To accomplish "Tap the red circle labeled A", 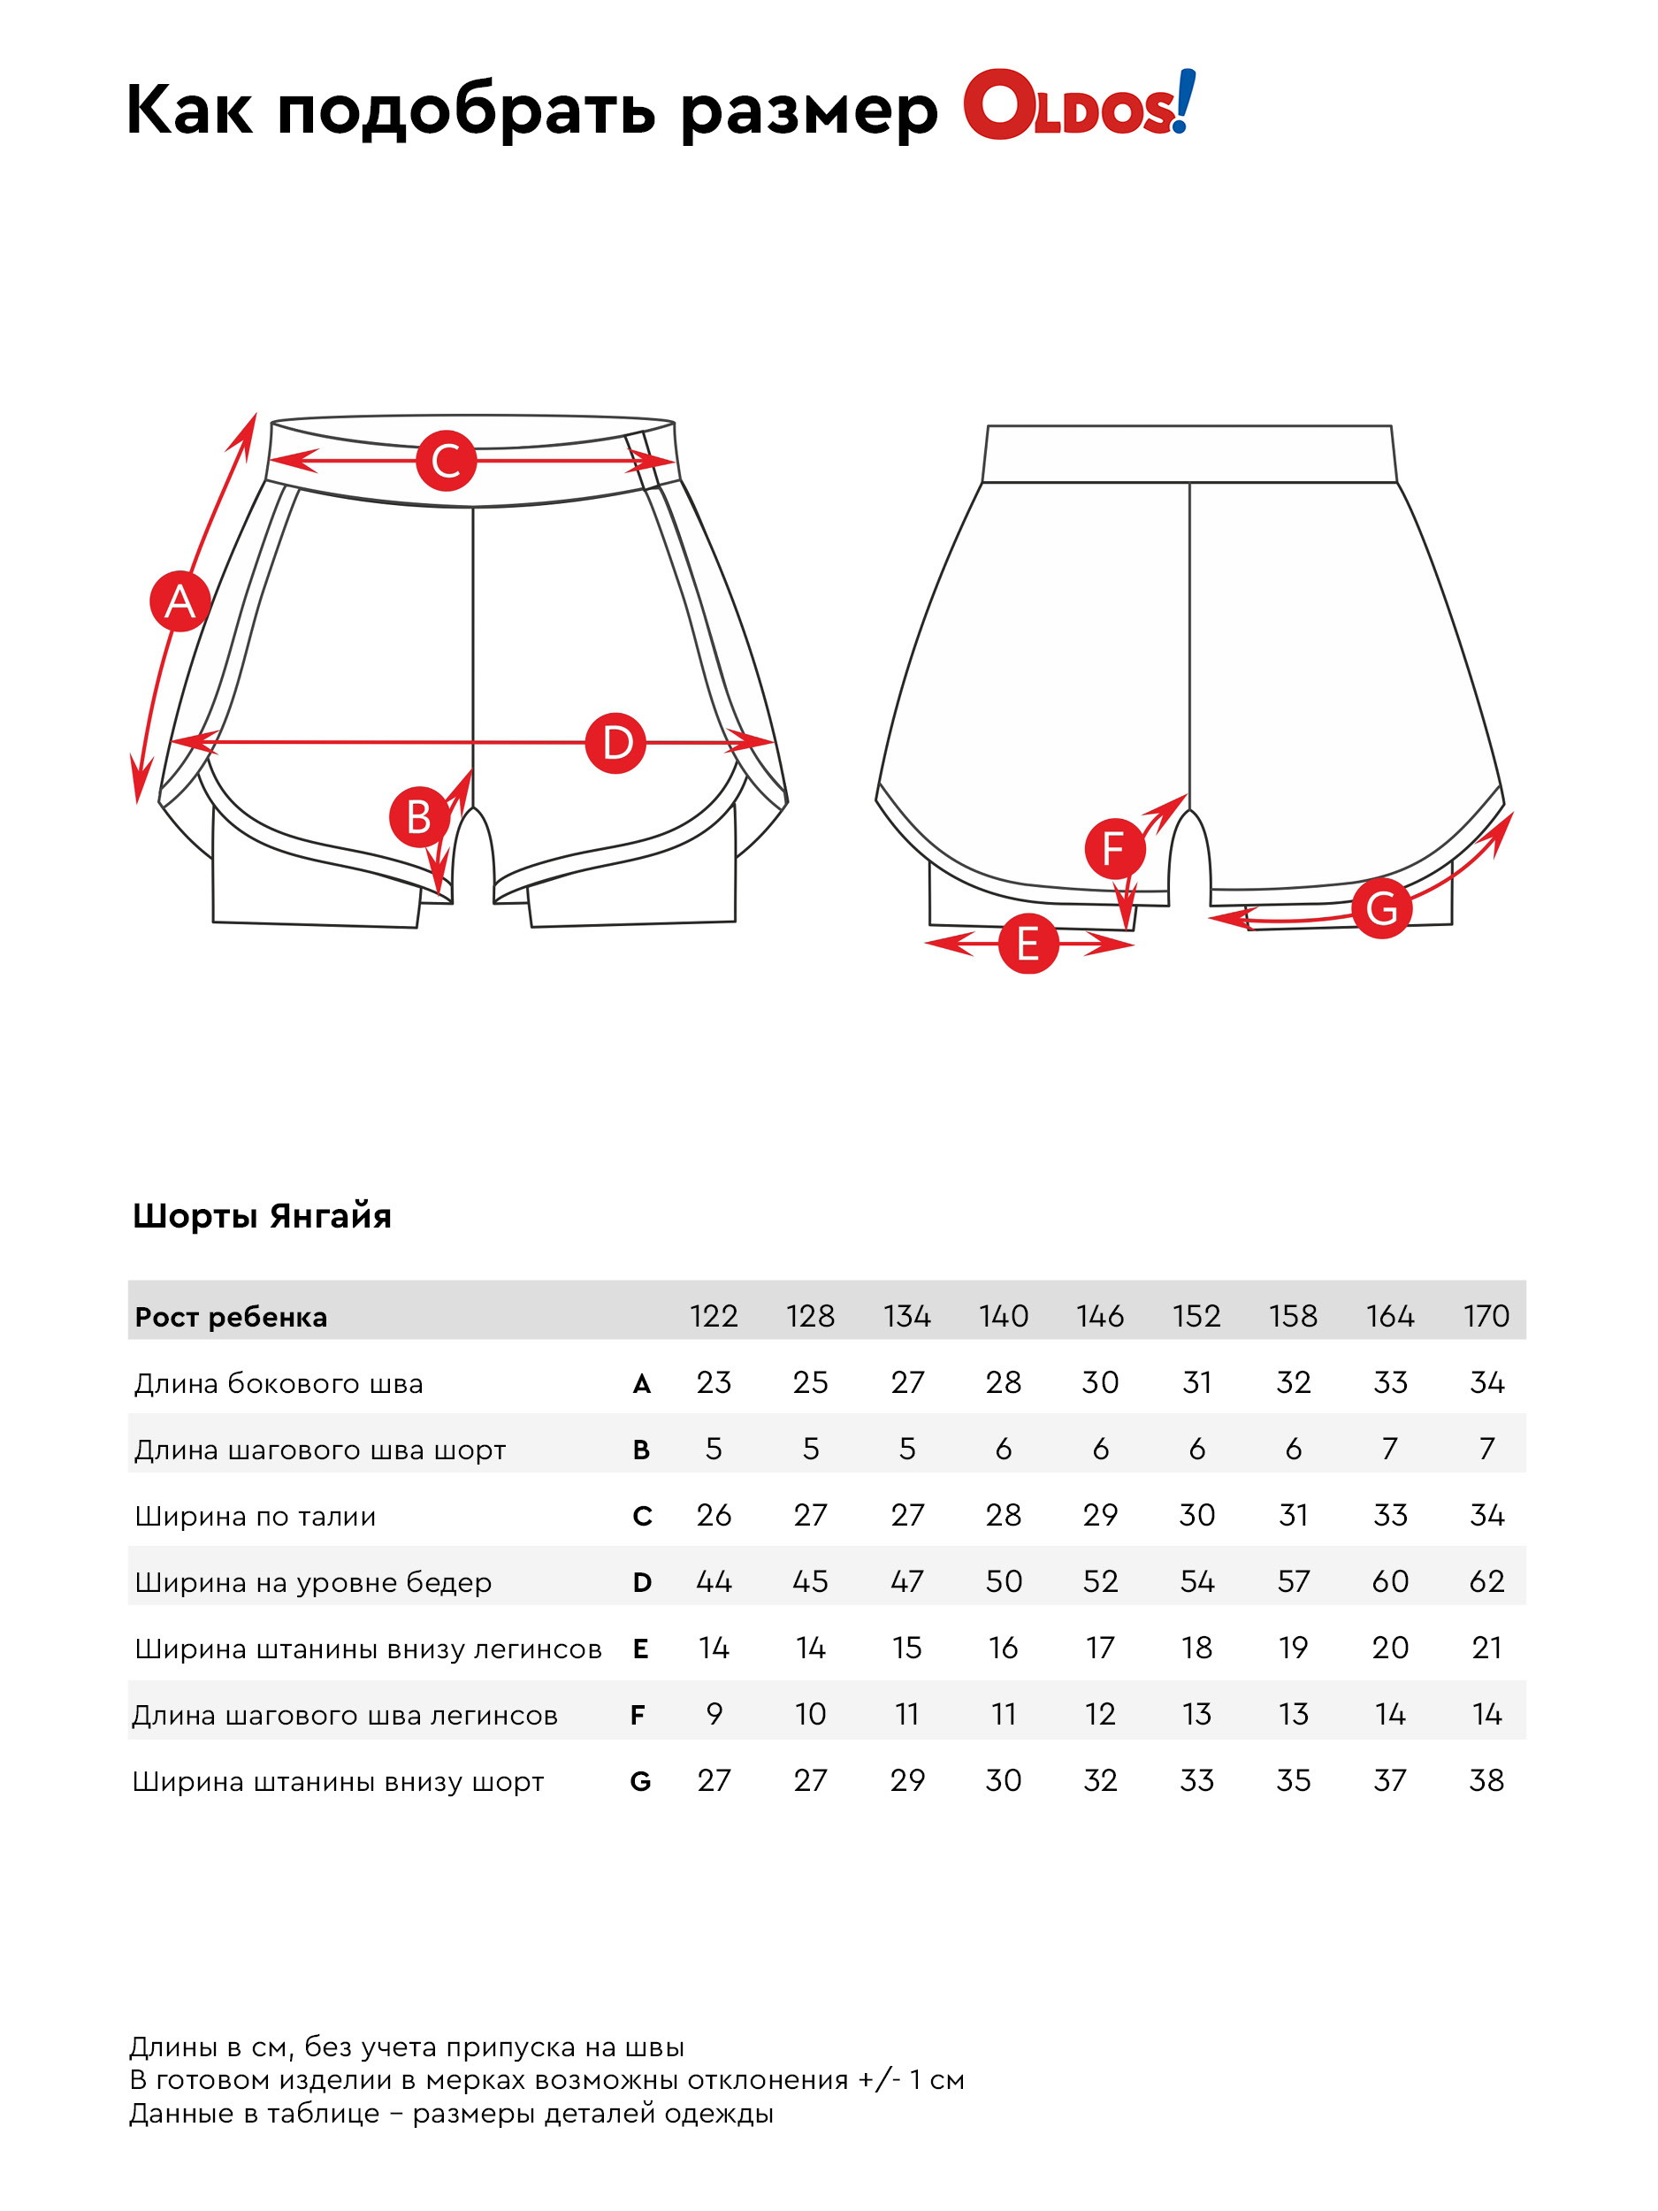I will (x=180, y=601).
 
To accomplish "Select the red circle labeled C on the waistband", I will (x=446, y=461).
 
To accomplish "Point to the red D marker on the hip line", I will (x=615, y=743).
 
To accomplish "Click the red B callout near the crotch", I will (x=419, y=816).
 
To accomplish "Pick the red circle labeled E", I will (x=1028, y=944).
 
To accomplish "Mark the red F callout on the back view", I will (x=1114, y=849).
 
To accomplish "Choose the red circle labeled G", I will (x=1381, y=907).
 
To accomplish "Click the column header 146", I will (x=1099, y=1315).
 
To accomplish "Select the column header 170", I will (x=1486, y=1315).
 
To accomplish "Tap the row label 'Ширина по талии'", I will (x=255, y=1517).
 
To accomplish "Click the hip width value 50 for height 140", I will (x=1004, y=1581).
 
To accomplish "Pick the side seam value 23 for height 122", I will (x=714, y=1382).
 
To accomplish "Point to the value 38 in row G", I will (x=1486, y=1780).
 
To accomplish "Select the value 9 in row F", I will (x=714, y=1714).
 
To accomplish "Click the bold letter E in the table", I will (x=640, y=1649).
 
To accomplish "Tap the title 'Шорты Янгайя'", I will (x=262, y=1215).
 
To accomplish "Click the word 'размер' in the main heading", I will (x=808, y=109).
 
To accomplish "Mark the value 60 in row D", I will (x=1389, y=1581).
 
